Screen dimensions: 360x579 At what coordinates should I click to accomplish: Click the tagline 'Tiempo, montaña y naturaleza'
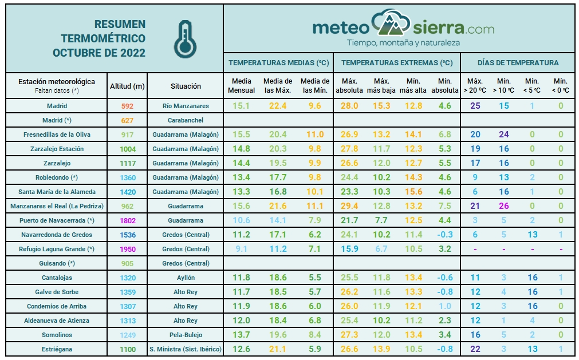click(403, 43)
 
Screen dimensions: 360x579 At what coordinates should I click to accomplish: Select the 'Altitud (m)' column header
click(127, 86)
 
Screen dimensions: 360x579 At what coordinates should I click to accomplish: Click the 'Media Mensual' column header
click(242, 86)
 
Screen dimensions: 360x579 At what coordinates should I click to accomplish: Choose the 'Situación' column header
click(186, 86)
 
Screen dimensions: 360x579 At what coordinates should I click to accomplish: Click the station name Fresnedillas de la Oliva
click(57, 134)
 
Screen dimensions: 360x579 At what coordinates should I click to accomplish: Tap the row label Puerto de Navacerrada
click(57, 220)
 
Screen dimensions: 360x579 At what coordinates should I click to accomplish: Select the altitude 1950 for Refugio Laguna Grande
click(127, 249)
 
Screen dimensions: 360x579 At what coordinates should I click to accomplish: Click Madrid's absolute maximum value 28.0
click(349, 106)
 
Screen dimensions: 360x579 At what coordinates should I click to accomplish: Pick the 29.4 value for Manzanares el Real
click(349, 206)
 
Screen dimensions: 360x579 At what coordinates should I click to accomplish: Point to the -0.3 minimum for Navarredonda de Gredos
click(445, 235)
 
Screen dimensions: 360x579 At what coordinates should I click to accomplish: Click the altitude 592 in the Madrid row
click(127, 106)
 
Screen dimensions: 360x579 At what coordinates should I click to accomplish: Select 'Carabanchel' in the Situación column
click(186, 120)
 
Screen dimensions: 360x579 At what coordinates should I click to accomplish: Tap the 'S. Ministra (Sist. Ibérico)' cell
click(186, 349)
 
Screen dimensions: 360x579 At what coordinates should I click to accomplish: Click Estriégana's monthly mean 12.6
click(242, 349)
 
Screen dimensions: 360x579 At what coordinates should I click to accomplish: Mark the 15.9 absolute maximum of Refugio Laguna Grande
click(349, 249)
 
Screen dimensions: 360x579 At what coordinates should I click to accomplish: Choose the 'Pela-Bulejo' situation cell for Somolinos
click(186, 335)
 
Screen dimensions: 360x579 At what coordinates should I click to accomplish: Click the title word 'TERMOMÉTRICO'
click(103, 38)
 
